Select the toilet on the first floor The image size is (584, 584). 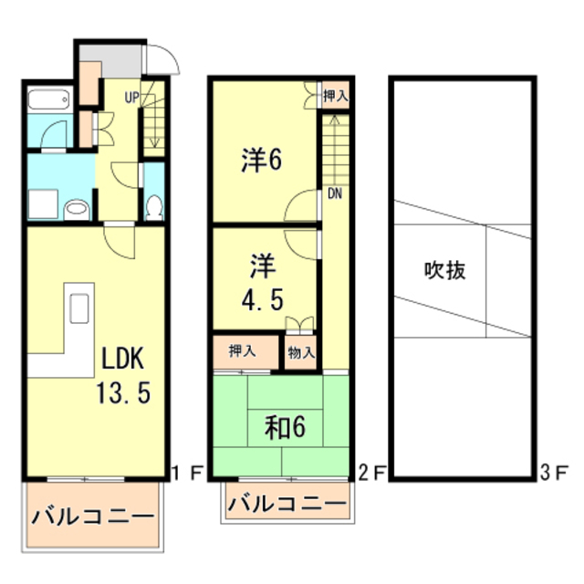click(x=153, y=207)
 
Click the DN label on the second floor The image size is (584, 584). click(x=335, y=193)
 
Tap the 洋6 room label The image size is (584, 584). click(x=261, y=161)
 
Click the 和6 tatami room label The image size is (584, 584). click(x=285, y=427)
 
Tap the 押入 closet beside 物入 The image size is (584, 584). click(x=242, y=351)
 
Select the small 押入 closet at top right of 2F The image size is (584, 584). click(x=335, y=94)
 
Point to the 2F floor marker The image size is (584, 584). click(x=372, y=473)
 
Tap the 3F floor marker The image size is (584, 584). click(x=555, y=473)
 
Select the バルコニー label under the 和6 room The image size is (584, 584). click(x=287, y=503)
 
